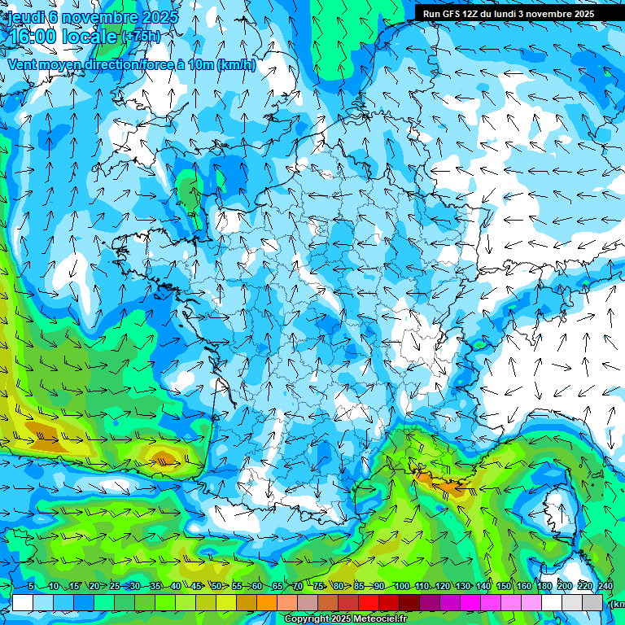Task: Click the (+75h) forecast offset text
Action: coord(140,37)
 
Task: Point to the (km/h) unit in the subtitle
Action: coord(237,65)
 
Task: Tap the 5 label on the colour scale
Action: coord(30,587)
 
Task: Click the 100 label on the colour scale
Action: coord(401,587)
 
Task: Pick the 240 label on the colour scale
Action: coord(605,587)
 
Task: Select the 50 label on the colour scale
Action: coord(216,587)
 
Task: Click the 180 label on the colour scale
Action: coord(544,587)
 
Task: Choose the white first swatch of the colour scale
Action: coord(23,603)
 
